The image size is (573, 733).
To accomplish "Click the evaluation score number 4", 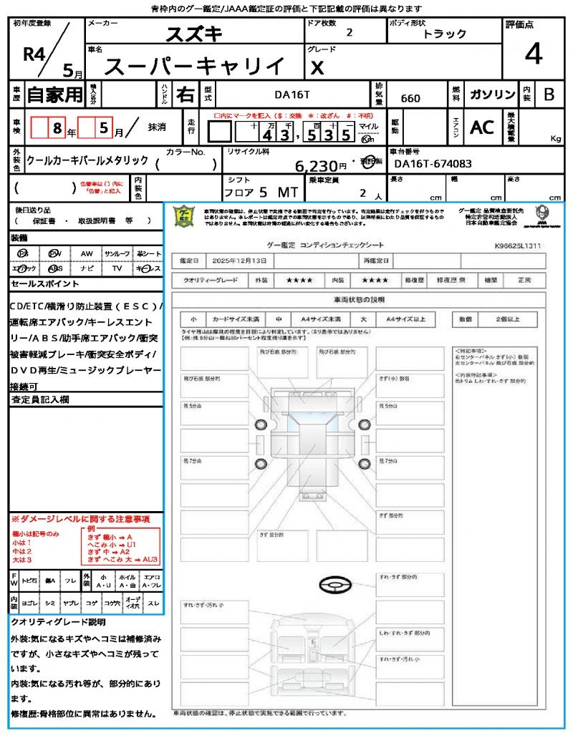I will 533,54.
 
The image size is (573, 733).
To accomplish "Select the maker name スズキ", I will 195,34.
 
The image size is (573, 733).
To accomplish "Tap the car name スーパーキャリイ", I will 194,67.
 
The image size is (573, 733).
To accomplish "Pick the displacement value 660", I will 410,98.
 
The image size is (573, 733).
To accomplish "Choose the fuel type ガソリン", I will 492,94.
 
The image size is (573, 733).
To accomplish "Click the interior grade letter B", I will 549,94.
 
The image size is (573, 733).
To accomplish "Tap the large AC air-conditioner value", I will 482,127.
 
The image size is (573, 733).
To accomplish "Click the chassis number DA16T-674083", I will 433,164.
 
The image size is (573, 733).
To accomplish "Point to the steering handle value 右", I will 185,94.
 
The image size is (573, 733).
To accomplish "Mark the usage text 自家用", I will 55,94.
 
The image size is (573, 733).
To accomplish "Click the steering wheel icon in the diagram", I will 334,586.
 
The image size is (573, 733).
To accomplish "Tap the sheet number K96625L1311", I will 518,246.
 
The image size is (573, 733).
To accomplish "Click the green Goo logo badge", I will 186,215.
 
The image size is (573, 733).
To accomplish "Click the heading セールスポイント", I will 39,284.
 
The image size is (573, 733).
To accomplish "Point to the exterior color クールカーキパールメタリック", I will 87,160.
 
